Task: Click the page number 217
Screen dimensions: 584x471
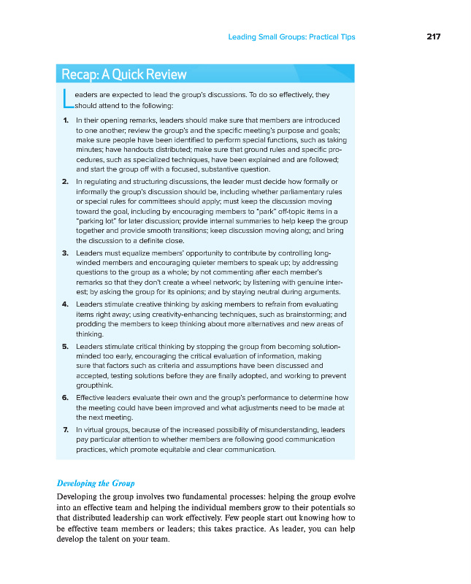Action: point(434,36)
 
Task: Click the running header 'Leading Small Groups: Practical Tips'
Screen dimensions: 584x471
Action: point(291,36)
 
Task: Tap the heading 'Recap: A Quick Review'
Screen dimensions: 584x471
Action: point(124,74)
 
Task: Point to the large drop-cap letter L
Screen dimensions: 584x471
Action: point(66,98)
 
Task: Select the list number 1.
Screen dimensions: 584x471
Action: point(66,119)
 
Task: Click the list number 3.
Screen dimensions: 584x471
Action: point(66,252)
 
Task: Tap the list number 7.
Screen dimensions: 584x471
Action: point(66,430)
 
